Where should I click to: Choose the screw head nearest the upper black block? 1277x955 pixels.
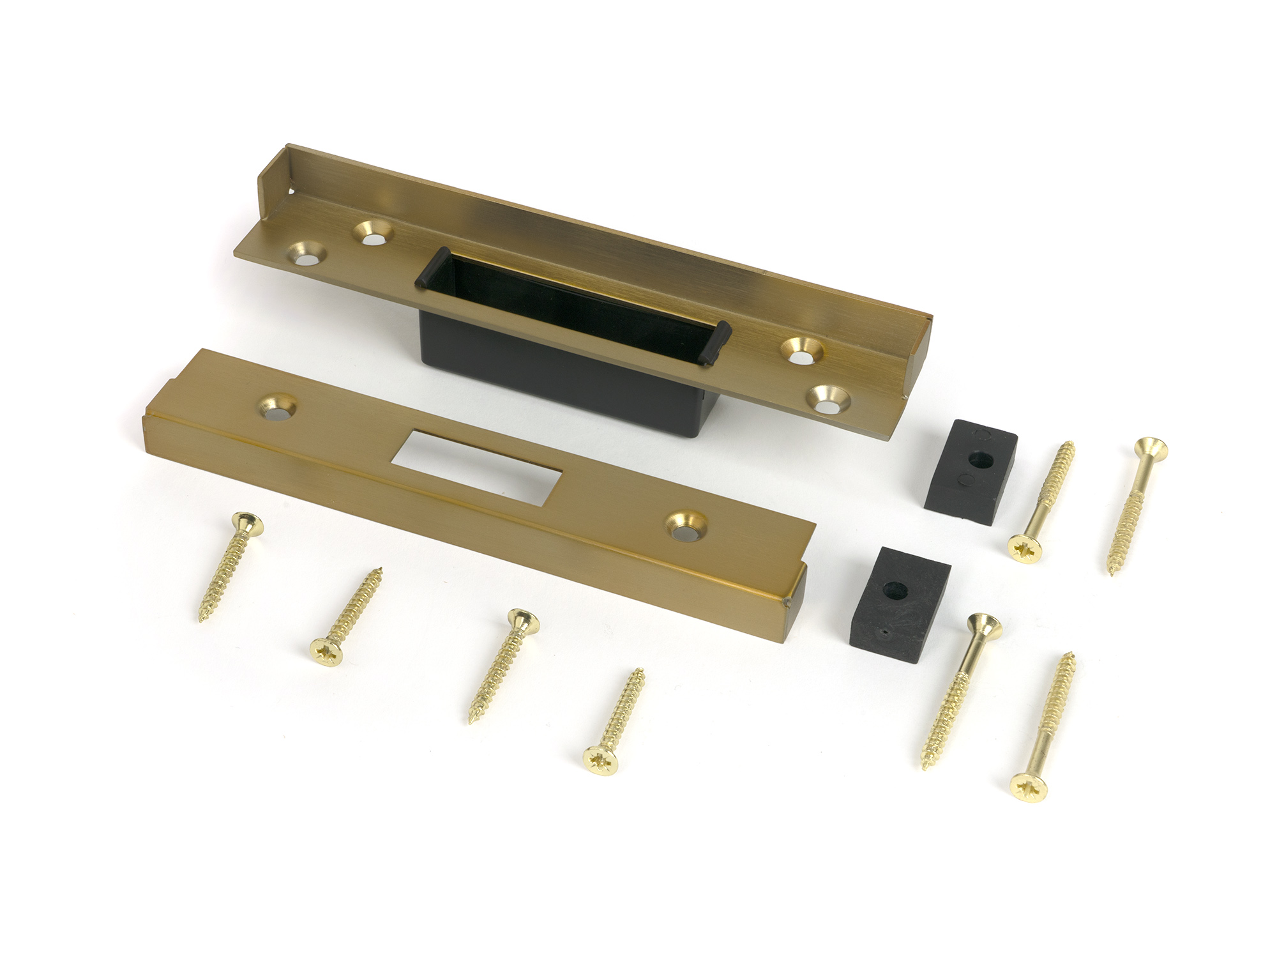point(1025,545)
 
